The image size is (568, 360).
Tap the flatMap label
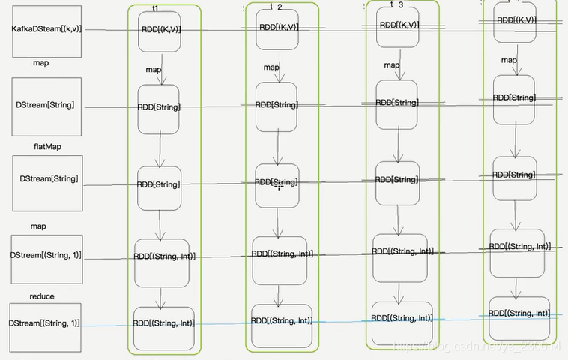[x=47, y=146]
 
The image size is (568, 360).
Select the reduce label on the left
[x=42, y=296]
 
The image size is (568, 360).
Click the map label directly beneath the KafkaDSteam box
[x=41, y=63]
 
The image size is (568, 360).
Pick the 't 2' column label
[x=276, y=7]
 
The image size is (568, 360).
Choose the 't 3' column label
[x=396, y=4]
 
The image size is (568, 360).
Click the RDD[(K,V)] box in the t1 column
[x=160, y=31]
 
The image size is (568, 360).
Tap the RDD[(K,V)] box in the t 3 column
[x=398, y=25]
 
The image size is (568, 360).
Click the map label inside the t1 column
[x=154, y=70]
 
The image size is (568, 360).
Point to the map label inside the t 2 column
[x=271, y=67]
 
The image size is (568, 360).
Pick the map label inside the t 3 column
[x=392, y=65]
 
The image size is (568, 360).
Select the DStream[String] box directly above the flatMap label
[x=46, y=106]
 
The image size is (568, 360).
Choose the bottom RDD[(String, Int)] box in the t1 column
[x=163, y=323]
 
